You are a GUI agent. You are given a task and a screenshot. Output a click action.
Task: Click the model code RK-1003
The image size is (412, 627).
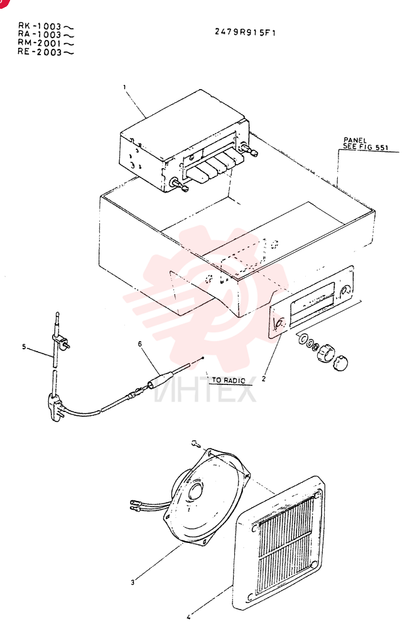(40, 26)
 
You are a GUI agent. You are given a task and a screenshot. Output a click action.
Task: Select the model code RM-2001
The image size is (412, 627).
(40, 43)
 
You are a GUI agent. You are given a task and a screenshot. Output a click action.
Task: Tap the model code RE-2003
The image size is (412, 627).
(40, 52)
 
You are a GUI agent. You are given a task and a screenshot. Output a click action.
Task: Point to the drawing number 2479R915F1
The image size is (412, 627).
(245, 33)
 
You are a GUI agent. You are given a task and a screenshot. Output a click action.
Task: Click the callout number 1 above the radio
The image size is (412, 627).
(124, 87)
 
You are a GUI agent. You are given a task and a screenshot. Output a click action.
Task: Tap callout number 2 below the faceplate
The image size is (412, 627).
(263, 379)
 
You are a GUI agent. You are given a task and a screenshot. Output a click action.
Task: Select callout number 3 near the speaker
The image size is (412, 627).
(133, 582)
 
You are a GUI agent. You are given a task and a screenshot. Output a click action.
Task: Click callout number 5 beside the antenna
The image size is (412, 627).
(24, 347)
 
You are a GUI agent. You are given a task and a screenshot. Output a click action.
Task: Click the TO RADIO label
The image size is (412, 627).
(228, 381)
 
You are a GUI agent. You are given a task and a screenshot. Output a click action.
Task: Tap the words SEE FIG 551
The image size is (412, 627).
(366, 147)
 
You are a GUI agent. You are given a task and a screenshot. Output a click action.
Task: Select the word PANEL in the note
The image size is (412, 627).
(355, 140)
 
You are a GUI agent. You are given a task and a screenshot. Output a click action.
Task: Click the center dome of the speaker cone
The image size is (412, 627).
(196, 491)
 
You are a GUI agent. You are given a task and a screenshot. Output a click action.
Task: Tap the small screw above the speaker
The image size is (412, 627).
(196, 443)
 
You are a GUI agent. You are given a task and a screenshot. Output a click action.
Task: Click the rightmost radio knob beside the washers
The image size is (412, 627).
(340, 362)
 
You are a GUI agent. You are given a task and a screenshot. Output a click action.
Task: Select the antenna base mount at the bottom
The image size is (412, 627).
(55, 406)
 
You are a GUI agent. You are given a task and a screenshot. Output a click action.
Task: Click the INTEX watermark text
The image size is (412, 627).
(205, 389)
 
